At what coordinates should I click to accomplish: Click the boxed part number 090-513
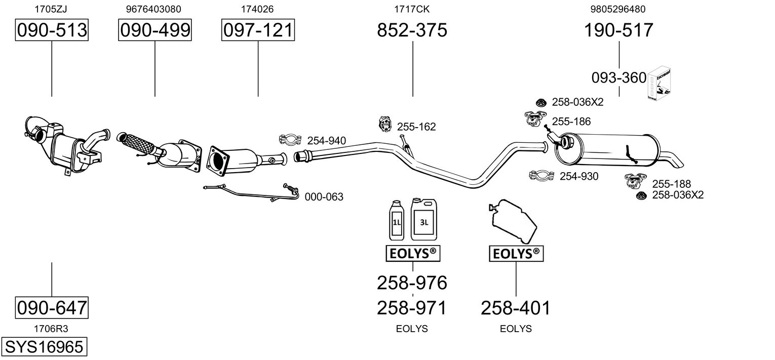pyautogui.click(x=52, y=30)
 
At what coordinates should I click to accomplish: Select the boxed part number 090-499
pyautogui.click(x=155, y=30)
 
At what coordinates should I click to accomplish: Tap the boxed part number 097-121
pyautogui.click(x=258, y=30)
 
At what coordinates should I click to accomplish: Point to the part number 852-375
pyautogui.click(x=412, y=30)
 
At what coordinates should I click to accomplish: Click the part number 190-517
pyautogui.click(x=618, y=30)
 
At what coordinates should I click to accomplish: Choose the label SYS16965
pyautogui.click(x=44, y=347)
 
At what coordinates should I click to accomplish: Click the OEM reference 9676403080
pyautogui.click(x=153, y=9)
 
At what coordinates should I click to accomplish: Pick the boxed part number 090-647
pyautogui.click(x=52, y=307)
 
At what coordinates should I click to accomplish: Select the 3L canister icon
pyautogui.click(x=423, y=219)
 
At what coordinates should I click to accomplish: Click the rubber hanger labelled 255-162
pyautogui.click(x=385, y=124)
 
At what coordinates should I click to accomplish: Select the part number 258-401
pyautogui.click(x=515, y=307)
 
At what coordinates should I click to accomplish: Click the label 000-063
pyautogui.click(x=324, y=197)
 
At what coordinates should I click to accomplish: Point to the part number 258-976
pyautogui.click(x=412, y=283)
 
